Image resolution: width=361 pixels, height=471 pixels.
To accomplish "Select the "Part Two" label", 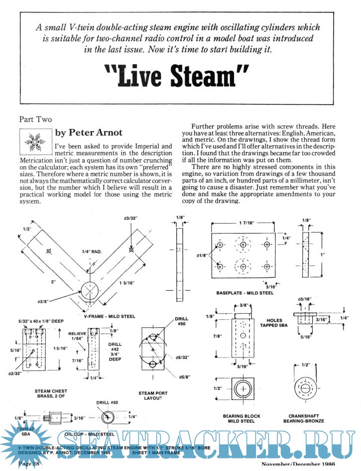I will point(35,119).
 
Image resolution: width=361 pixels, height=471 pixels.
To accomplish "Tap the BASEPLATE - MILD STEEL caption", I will point(244,294).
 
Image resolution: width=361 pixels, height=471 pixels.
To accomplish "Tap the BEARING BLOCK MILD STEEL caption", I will point(241,419).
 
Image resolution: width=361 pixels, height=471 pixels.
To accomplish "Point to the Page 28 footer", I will point(29,464).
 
